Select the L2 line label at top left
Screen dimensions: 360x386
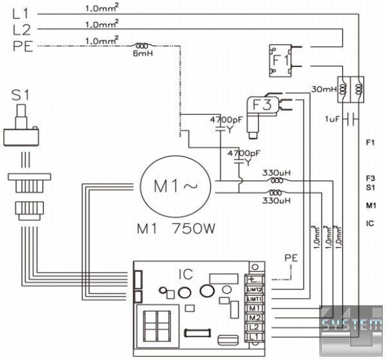(x=21, y=30)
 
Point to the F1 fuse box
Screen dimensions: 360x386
(x=280, y=60)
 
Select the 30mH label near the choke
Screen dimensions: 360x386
(x=324, y=89)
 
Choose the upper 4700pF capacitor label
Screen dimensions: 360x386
(x=225, y=120)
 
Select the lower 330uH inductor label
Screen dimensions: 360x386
(x=277, y=201)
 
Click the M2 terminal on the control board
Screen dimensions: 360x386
(x=253, y=318)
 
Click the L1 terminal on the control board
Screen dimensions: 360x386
(x=253, y=337)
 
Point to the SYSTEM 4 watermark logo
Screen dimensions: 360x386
(x=352, y=327)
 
